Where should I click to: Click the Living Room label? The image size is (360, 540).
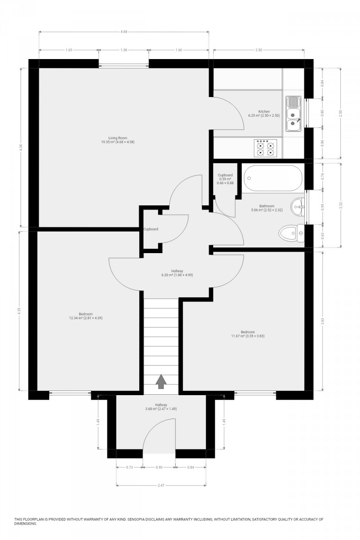(x=115, y=140)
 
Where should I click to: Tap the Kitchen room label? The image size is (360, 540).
(x=263, y=113)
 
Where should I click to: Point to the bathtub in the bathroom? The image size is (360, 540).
(x=274, y=178)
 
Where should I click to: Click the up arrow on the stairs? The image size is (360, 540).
(x=161, y=382)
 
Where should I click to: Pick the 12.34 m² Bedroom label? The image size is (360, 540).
(x=85, y=316)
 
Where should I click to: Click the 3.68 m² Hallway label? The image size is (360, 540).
(x=161, y=407)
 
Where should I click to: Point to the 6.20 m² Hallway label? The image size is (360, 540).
(x=177, y=273)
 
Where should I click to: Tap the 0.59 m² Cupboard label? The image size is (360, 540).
(x=225, y=179)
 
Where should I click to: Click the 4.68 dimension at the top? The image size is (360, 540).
(x=124, y=32)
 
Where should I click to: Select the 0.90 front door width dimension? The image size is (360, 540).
(x=159, y=467)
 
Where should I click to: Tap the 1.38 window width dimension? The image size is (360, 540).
(x=124, y=50)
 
